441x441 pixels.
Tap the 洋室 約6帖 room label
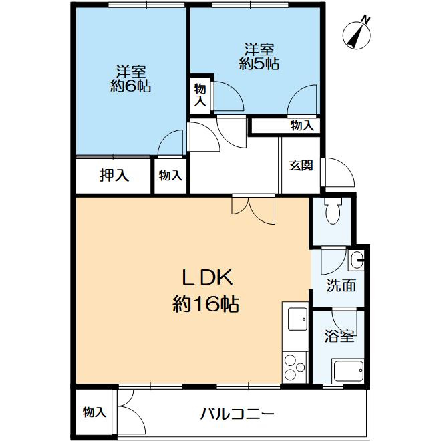(131, 78)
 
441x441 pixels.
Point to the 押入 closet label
(114, 176)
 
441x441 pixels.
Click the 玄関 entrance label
(301, 166)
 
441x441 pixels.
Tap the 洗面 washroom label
(341, 285)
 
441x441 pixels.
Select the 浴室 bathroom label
(339, 335)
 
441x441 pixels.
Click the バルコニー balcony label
(237, 413)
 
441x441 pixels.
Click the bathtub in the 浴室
(347, 370)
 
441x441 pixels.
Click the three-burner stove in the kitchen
(294, 365)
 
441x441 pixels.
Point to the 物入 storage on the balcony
(95, 412)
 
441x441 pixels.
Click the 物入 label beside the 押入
(170, 176)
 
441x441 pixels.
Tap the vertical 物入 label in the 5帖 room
(200, 94)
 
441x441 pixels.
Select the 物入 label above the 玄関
(302, 125)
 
